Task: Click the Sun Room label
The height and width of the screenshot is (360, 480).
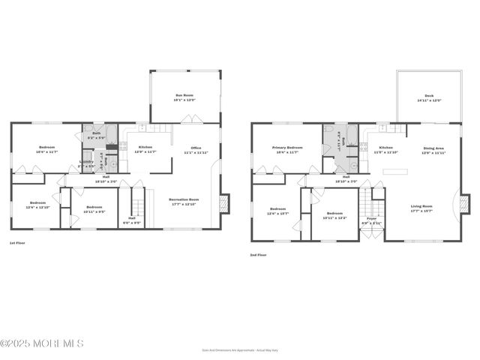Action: (x=184, y=97)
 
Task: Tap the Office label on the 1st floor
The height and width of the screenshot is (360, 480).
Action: (x=195, y=150)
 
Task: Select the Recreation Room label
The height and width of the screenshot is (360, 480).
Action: (x=184, y=202)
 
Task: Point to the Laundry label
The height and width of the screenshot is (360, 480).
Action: (x=87, y=163)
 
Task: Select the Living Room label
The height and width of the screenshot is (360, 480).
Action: (x=421, y=208)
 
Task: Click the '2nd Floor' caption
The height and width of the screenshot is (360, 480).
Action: (x=258, y=255)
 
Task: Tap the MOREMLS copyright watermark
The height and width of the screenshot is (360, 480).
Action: (x=42, y=343)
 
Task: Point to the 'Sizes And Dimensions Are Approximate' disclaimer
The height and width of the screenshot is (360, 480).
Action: (x=239, y=350)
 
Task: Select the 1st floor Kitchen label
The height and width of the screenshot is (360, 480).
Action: (x=145, y=148)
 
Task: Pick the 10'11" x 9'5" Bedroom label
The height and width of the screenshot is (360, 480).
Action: (x=94, y=209)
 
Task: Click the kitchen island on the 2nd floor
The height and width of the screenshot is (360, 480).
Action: (x=395, y=172)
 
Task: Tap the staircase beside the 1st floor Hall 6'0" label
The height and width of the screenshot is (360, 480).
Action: (x=137, y=203)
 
